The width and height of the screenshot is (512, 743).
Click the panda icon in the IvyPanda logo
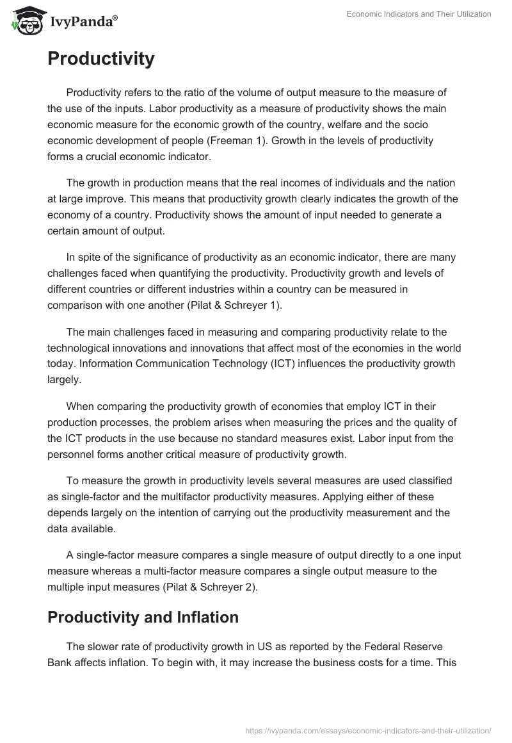(25, 20)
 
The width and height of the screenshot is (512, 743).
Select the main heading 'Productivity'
(100, 59)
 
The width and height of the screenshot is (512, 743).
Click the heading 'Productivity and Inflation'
(143, 617)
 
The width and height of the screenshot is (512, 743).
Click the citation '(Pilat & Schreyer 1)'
(236, 306)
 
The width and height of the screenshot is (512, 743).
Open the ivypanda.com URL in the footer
(368, 730)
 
